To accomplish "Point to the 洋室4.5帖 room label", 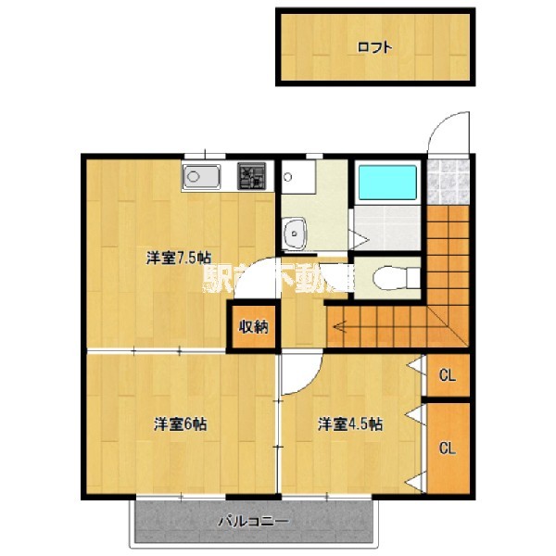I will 350,424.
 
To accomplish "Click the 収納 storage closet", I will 254,326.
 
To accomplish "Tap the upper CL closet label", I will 447,376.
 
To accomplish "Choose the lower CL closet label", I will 447,449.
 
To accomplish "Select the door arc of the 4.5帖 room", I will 302,375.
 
